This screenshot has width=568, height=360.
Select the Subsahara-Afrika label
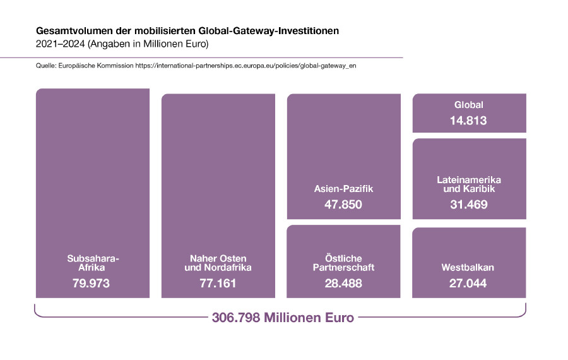point(93,263)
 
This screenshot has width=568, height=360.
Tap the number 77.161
point(218,284)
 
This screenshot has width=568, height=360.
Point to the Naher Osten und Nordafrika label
point(218,263)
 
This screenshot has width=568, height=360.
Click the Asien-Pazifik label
point(344,188)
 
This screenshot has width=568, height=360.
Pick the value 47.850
point(344,205)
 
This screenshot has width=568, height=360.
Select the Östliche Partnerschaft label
point(344,263)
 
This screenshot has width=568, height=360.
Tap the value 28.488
point(344,284)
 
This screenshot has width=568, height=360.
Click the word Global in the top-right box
point(469,105)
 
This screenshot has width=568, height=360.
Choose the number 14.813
point(469,120)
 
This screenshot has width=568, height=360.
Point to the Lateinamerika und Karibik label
point(469,184)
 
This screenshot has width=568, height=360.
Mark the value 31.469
point(469,205)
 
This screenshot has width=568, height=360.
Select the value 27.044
point(469,284)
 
